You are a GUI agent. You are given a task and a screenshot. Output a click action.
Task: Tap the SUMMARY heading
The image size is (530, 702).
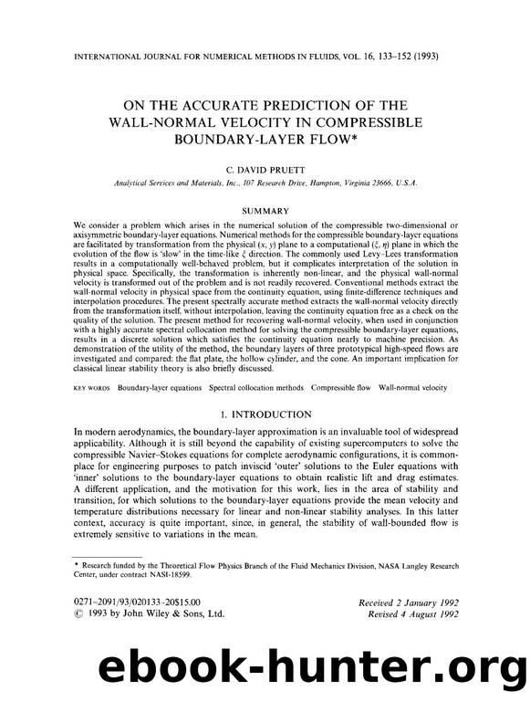pos(265,209)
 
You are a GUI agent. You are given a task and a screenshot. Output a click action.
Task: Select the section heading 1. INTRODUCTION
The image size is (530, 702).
pos(265,414)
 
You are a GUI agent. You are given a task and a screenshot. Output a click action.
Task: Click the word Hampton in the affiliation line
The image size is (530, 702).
pos(293,183)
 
